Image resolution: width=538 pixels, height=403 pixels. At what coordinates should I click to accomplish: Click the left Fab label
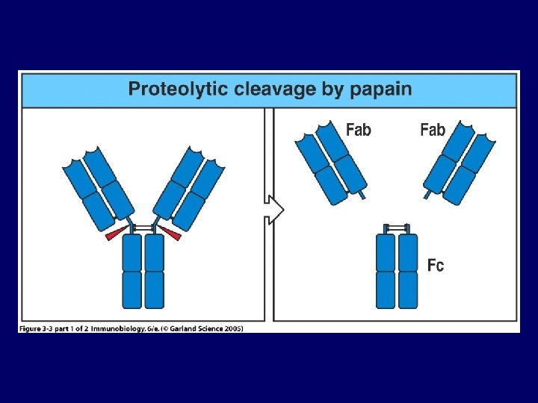359,130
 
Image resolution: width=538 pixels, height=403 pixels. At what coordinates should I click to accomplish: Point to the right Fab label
433,130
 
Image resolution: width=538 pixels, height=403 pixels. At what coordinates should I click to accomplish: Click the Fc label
436,264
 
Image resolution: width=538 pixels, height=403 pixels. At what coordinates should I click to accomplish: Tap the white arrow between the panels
275,209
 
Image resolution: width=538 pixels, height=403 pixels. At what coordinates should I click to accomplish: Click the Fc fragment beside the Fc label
397,269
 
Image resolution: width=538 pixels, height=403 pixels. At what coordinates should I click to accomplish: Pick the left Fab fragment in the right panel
331,164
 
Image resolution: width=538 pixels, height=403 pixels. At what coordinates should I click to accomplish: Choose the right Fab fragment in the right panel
460,164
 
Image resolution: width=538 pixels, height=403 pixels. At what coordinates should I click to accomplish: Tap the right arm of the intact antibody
189,190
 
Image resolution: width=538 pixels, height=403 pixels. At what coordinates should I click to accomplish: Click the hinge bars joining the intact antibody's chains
143,226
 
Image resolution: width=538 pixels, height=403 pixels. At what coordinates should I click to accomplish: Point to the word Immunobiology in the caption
119,328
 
